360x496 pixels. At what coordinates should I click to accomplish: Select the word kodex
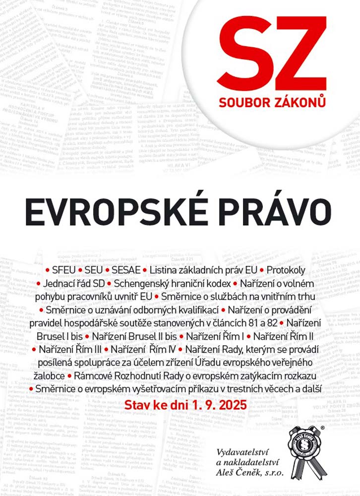click(x=218, y=284)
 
